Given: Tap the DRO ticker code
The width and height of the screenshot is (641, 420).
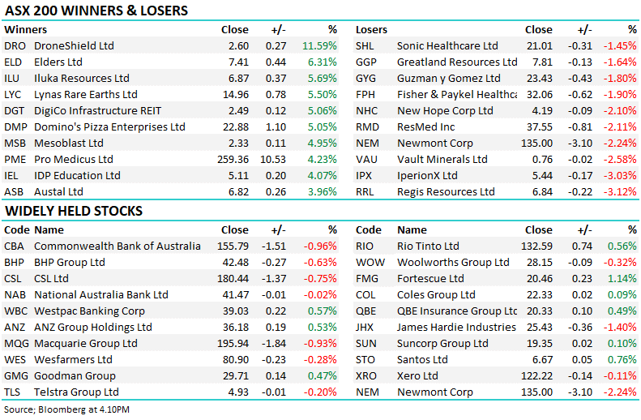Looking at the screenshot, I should (x=14, y=46).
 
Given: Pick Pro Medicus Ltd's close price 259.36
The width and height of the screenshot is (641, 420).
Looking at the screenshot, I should (x=232, y=160).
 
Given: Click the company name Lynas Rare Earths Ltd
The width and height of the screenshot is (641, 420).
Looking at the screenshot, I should (x=86, y=95).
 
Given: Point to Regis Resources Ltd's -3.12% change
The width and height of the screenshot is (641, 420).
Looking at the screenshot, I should (x=620, y=192).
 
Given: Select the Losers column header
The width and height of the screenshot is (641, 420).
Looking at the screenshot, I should (x=371, y=30).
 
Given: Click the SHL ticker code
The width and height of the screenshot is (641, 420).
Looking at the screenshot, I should (x=365, y=46).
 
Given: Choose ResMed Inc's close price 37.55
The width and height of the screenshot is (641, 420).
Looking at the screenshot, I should (x=539, y=127).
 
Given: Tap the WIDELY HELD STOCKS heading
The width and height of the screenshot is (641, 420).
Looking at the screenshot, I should (x=73, y=212).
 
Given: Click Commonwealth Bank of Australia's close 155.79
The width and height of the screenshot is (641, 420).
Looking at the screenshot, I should (x=232, y=246).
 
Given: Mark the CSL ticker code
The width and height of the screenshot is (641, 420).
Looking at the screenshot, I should (x=14, y=279).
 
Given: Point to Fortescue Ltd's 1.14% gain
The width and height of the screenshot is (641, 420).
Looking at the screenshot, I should (x=622, y=279).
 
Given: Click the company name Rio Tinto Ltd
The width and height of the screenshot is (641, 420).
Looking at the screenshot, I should (x=428, y=246).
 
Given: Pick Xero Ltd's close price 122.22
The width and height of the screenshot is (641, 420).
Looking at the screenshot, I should (x=536, y=376).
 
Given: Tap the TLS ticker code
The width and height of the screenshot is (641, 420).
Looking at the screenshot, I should (x=13, y=392).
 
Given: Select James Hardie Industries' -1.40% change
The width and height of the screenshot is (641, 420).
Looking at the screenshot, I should (x=620, y=328).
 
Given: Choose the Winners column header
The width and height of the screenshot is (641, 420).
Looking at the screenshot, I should (x=25, y=30).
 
